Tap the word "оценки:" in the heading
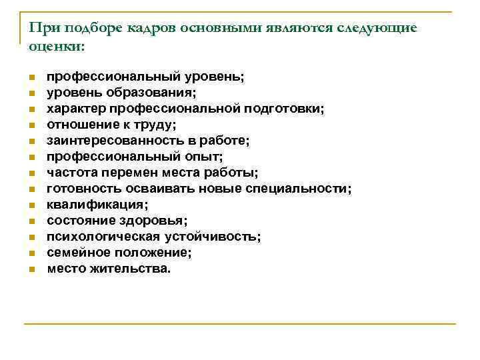(57, 47)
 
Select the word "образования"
(150, 92)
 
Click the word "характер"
(74, 108)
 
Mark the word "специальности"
(296, 189)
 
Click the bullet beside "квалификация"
(31, 205)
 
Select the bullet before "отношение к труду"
(31, 125)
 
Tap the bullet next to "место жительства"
(31, 269)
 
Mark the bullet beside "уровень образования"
(31, 93)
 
